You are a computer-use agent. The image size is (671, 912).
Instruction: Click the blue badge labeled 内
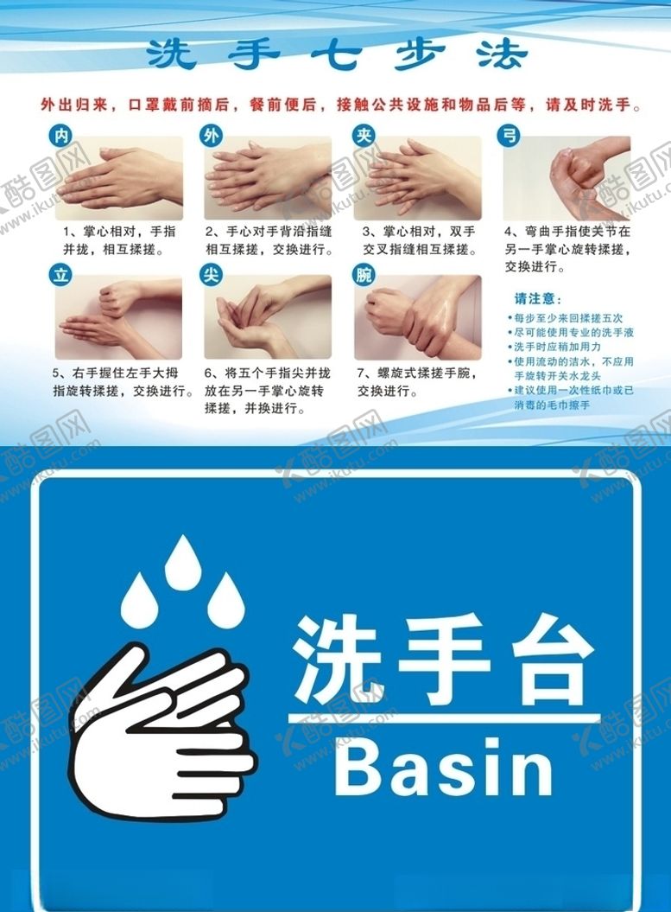[61, 136]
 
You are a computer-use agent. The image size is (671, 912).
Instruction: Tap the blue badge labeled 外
[211, 136]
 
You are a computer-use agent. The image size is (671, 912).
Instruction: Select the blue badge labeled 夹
[364, 136]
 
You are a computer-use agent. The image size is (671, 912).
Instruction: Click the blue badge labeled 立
[61, 275]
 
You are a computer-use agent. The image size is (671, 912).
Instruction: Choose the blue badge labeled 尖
[211, 275]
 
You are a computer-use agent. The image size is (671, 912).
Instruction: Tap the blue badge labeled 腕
[364, 275]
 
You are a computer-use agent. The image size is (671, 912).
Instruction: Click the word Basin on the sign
[443, 767]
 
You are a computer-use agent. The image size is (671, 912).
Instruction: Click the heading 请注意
[538, 299]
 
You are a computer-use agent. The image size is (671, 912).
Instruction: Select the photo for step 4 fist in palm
[567, 178]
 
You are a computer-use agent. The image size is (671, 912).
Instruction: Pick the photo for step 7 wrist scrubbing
[418, 317]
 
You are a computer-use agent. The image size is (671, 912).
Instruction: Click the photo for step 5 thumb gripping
[118, 317]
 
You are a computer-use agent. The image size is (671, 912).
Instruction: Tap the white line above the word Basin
[444, 718]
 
